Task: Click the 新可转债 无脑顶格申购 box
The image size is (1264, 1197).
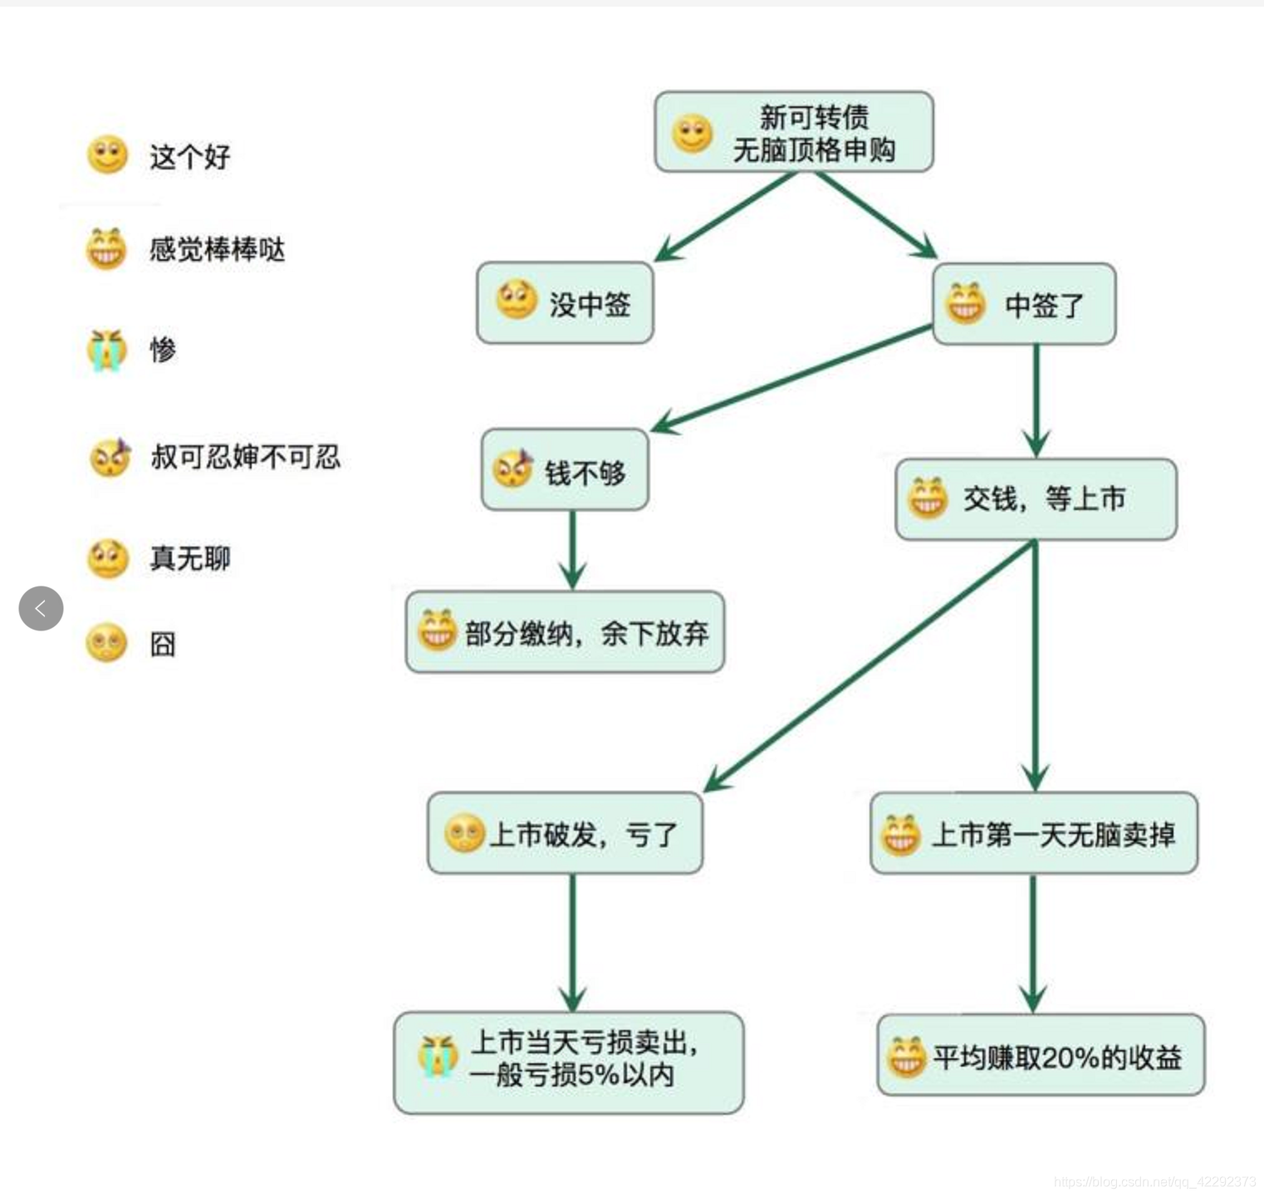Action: pyautogui.click(x=794, y=133)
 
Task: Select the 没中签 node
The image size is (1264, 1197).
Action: pyautogui.click(x=565, y=303)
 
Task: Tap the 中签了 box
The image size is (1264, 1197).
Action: pyautogui.click(x=1023, y=305)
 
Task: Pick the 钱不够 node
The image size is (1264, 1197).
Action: pyautogui.click(x=565, y=470)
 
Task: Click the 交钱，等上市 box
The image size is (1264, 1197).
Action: pyautogui.click(x=1036, y=499)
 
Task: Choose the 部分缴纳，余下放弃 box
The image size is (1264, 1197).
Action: pyautogui.click(x=565, y=633)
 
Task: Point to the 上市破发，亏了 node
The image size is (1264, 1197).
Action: pyautogui.click(x=565, y=833)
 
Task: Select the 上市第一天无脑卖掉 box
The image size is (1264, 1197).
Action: pyautogui.click(x=1034, y=833)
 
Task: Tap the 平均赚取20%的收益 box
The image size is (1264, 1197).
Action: pyautogui.click(x=1041, y=1056)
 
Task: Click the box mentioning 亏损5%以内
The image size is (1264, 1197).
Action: pyautogui.click(x=569, y=1062)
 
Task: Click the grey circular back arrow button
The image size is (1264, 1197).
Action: pyautogui.click(x=41, y=608)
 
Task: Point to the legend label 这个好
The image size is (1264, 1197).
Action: pyautogui.click(x=189, y=156)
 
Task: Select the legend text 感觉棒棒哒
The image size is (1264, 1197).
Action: pyautogui.click(x=217, y=249)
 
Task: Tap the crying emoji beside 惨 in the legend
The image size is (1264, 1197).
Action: pyautogui.click(x=107, y=350)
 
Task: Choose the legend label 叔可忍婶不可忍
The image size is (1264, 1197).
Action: pyautogui.click(x=245, y=456)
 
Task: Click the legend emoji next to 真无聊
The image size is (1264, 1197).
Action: pyautogui.click(x=107, y=558)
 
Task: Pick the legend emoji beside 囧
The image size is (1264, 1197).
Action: pyautogui.click(x=107, y=643)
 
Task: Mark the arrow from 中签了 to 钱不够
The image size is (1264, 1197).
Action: pyautogui.click(x=793, y=379)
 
